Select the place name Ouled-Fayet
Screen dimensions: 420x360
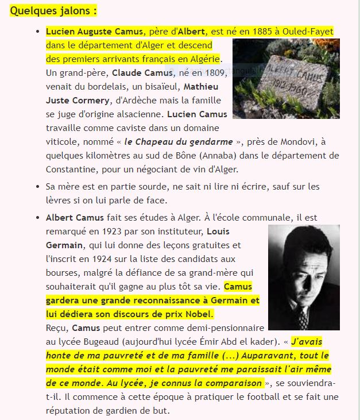click(307, 31)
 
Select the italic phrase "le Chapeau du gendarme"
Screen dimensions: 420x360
click(179, 141)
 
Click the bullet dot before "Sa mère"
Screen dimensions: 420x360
click(37, 187)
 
